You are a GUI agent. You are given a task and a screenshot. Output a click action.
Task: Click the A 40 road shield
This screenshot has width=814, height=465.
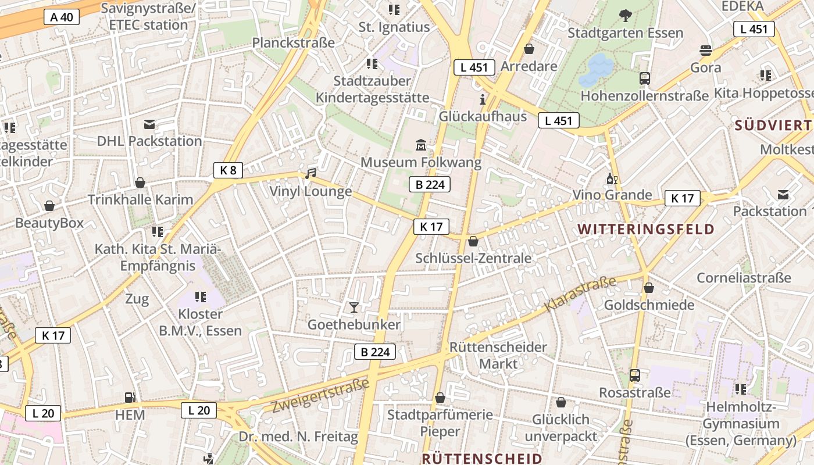click(62, 17)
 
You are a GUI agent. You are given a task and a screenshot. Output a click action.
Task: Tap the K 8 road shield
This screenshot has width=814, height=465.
click(227, 170)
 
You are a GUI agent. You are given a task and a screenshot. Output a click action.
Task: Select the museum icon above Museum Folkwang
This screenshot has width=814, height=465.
click(421, 144)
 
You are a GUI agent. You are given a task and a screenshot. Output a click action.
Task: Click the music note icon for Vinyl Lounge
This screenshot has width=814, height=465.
click(311, 173)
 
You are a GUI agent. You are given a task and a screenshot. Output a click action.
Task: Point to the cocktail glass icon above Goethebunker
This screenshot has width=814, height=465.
click(354, 307)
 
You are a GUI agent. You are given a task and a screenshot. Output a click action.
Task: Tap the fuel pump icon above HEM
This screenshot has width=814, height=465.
click(130, 398)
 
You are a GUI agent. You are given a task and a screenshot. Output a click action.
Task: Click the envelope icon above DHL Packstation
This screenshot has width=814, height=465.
click(149, 124)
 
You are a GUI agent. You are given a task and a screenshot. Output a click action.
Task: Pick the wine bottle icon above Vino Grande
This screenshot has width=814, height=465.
click(612, 178)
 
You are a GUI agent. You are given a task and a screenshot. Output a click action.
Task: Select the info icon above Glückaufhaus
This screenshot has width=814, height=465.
click(482, 99)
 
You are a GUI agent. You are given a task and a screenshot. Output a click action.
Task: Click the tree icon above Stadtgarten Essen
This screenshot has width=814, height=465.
click(626, 15)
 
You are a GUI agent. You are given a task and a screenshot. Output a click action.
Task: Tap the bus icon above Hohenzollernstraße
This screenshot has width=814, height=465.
click(644, 78)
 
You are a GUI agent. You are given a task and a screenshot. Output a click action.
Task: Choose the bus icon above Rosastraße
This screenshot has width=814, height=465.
click(635, 375)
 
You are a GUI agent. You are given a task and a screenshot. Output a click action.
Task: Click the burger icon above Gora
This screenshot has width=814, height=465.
click(706, 50)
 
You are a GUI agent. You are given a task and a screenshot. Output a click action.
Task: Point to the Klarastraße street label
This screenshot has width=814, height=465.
click(580, 294)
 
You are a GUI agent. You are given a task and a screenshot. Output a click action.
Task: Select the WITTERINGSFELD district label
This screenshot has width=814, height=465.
click(646, 229)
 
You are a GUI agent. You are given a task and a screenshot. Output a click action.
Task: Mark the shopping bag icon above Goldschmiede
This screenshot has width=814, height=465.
click(649, 288)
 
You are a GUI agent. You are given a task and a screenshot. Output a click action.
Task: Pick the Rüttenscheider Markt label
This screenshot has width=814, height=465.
click(498, 355)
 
